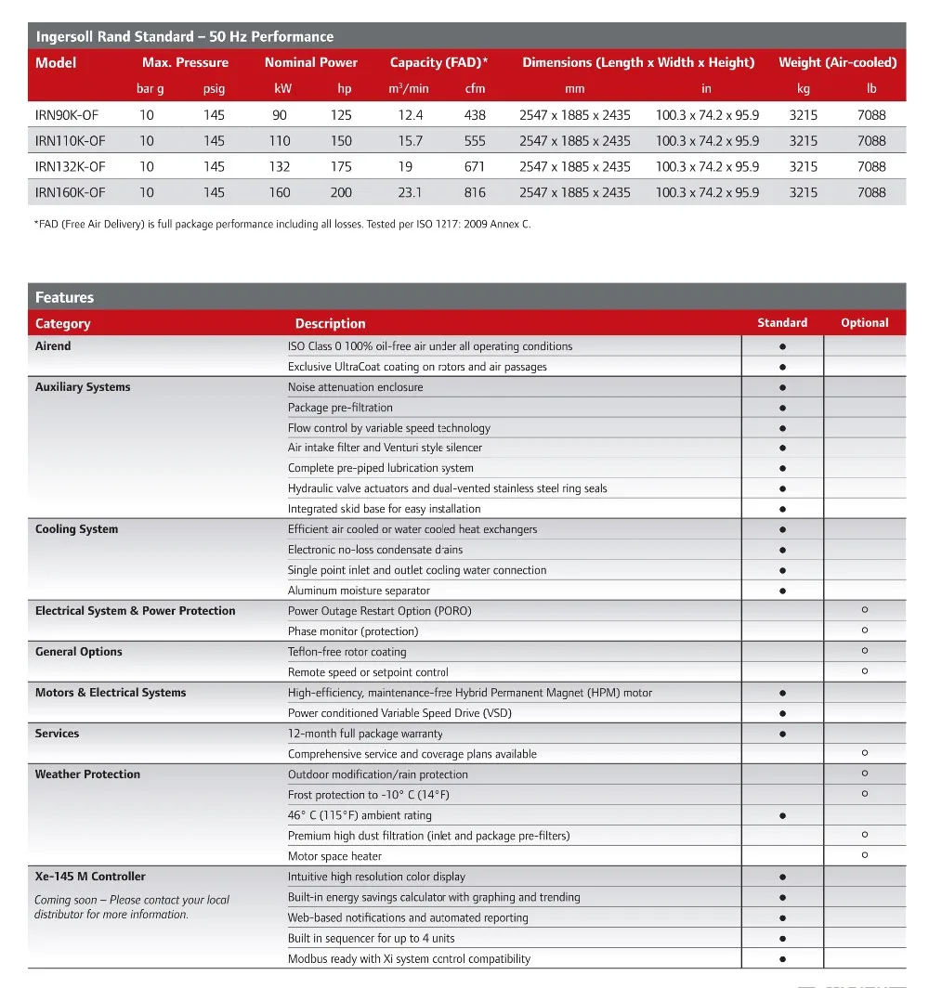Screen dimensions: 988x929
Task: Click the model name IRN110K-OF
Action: coord(71,141)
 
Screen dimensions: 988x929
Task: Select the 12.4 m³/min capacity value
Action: coord(411,115)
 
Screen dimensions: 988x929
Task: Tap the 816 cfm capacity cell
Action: coord(475,193)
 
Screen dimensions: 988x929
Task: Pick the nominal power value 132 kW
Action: coord(280,167)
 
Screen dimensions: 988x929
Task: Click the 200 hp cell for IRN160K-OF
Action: coord(341,193)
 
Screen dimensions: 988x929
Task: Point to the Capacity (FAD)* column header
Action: coord(438,63)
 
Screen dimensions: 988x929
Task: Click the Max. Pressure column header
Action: coord(185,63)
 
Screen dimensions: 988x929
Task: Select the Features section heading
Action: coord(65,298)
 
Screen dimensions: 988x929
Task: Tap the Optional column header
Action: coord(864,323)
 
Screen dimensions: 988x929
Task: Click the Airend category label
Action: coord(53,346)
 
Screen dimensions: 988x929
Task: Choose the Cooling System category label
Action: coord(77,529)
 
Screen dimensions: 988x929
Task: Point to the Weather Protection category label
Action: coord(88,774)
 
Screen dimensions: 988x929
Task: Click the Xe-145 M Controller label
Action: coord(90,877)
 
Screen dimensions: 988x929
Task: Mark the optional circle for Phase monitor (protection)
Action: coord(865,630)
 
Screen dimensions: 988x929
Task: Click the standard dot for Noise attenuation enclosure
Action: coord(783,387)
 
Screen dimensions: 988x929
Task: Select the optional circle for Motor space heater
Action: coord(865,855)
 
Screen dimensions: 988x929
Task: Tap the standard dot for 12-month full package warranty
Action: coord(783,734)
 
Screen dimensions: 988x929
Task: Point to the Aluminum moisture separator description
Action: coord(359,591)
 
